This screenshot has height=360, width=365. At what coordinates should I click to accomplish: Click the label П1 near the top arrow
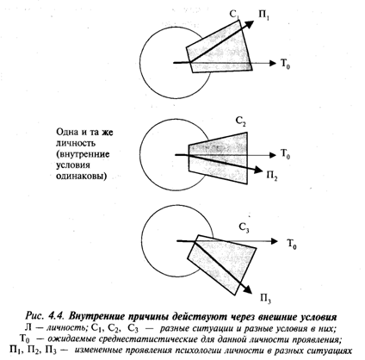(264, 16)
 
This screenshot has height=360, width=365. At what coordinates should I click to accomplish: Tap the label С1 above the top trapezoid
(234, 15)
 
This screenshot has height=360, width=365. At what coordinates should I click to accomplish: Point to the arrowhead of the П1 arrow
(249, 24)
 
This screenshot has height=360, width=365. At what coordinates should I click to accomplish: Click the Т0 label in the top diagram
(285, 64)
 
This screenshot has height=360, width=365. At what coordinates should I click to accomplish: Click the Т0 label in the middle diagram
(285, 154)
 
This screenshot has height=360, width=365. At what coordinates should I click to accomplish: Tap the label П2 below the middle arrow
(272, 175)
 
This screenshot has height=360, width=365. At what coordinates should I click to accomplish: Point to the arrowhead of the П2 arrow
(257, 170)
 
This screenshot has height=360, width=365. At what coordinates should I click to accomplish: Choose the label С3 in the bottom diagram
(244, 228)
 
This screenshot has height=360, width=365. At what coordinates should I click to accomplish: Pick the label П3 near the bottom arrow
(266, 299)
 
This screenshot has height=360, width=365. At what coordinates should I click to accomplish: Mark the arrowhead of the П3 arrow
(247, 289)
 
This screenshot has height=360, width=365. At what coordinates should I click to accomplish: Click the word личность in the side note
(76, 143)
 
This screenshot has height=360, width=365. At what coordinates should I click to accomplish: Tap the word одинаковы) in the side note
(81, 177)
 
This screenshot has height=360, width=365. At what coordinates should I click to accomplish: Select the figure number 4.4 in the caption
(57, 316)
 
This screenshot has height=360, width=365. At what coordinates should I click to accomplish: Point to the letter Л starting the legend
(28, 327)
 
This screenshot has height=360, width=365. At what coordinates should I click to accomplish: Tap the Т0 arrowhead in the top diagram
(273, 63)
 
